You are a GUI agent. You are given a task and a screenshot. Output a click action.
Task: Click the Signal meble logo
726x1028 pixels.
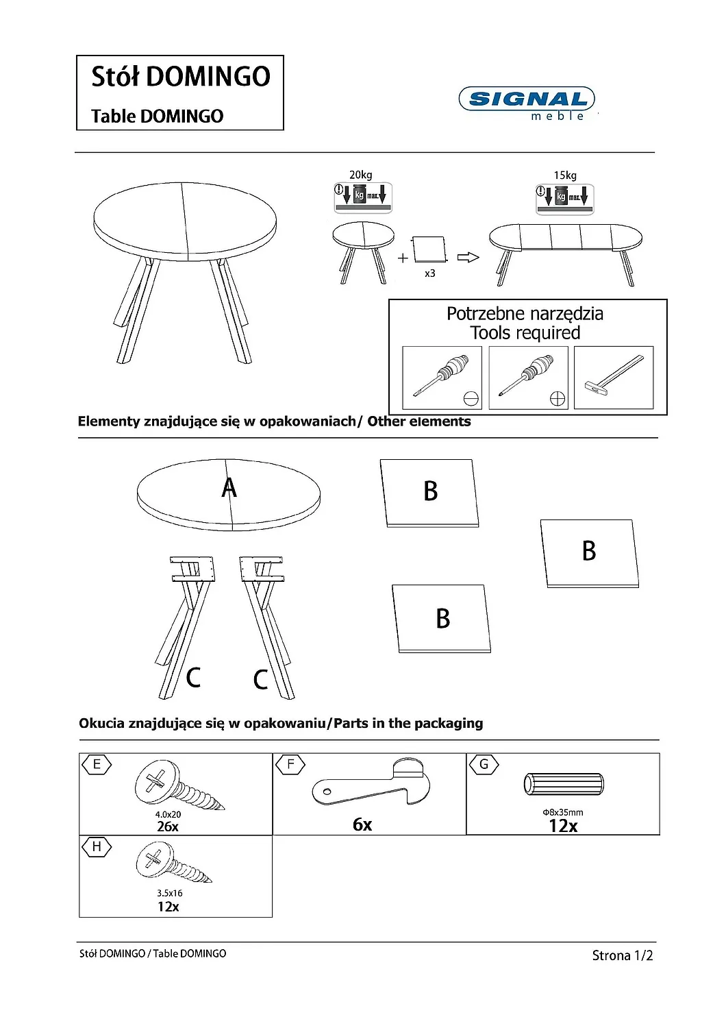(x=526, y=103)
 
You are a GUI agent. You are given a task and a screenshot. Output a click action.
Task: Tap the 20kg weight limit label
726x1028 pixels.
(x=361, y=175)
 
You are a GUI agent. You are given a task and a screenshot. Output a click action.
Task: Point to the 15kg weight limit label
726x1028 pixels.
(x=565, y=175)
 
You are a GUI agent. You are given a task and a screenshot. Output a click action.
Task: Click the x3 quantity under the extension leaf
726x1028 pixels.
(x=429, y=273)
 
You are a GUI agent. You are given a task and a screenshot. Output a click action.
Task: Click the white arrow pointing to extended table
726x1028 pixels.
(x=468, y=258)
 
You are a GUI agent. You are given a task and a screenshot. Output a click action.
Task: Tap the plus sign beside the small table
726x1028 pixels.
(x=403, y=258)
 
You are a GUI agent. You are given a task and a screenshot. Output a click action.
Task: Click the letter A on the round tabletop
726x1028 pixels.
(x=229, y=488)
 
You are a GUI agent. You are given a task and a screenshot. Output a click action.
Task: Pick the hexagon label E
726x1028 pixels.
(x=97, y=765)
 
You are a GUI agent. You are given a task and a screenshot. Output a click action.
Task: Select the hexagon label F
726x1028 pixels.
(x=290, y=765)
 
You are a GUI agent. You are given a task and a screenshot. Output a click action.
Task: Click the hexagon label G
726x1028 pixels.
(x=484, y=765)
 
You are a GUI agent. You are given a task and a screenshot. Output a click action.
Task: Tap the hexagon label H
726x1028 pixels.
(x=97, y=847)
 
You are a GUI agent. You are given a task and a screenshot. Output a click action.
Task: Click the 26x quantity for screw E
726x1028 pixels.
(x=168, y=827)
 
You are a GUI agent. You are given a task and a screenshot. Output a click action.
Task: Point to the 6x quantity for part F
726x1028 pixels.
(x=362, y=824)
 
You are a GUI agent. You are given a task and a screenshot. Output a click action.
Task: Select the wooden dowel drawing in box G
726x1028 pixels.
(x=564, y=784)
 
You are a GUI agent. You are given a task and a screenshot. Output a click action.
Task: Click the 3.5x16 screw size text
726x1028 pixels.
(x=170, y=893)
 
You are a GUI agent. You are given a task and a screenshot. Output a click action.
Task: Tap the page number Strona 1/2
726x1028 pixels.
(x=622, y=955)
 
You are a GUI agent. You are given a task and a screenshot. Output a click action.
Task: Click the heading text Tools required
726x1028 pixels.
(x=525, y=333)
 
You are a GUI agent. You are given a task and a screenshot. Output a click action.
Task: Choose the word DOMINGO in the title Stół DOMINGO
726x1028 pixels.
(x=209, y=77)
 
